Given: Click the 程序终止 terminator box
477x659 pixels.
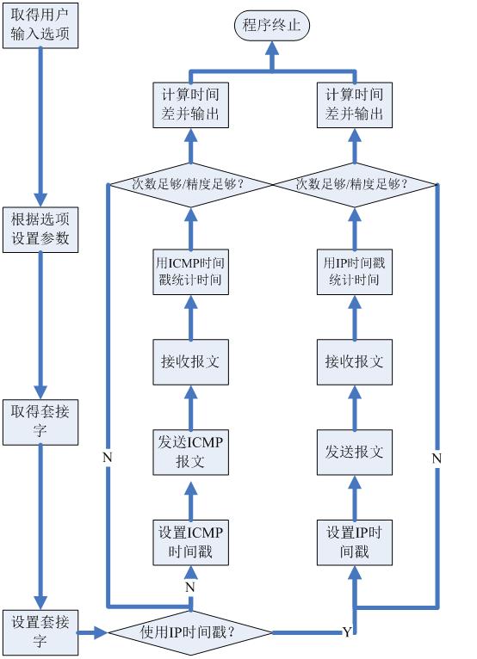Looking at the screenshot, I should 271,26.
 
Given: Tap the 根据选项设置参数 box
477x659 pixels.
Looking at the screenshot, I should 40,230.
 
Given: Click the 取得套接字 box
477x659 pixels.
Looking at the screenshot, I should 40,422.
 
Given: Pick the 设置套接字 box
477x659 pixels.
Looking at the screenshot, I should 40,631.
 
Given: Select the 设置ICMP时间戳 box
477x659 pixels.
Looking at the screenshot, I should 190,541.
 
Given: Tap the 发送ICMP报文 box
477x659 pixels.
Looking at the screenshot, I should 190,452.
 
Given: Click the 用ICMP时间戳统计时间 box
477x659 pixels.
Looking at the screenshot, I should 190,271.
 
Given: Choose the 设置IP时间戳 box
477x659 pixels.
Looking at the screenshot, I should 354,541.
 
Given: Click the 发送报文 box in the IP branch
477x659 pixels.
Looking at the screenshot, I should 354,452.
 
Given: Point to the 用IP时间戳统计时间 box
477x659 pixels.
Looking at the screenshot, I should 354,271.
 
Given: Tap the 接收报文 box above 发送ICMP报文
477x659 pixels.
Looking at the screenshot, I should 190,361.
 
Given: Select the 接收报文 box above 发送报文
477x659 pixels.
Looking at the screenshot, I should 354,361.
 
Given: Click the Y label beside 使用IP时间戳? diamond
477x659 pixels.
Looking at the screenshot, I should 347,632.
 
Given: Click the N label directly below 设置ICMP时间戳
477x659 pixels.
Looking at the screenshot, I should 190,586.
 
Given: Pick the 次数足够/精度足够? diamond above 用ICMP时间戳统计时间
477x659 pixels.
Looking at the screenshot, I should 190,183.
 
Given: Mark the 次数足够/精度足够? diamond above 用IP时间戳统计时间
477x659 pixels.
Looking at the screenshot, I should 354,183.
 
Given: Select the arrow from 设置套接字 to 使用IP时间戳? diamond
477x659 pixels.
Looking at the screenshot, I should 92,632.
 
